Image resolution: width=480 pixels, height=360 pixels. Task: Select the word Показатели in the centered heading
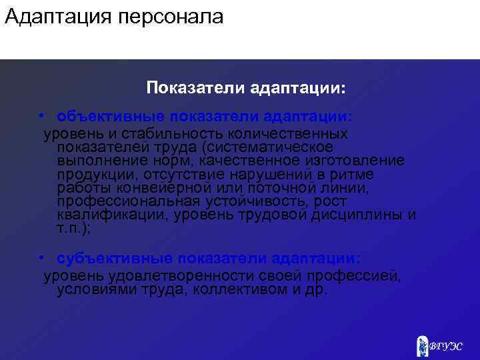[196, 88]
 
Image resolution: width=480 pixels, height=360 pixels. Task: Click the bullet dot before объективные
[41, 116]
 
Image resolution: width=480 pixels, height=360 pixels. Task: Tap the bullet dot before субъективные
[41, 258]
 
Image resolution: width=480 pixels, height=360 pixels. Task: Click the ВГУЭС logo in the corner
[440, 345]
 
